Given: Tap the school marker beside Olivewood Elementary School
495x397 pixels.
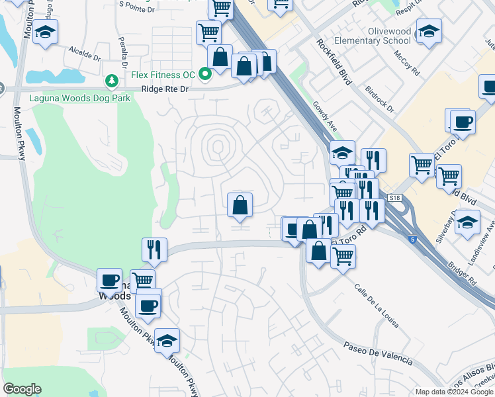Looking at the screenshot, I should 429,31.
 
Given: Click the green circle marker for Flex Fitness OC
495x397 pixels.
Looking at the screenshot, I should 205,73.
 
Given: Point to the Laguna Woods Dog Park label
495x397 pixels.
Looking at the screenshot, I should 80,98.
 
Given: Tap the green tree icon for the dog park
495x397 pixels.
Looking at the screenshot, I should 112,81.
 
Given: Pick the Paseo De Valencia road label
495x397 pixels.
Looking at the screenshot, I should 378,354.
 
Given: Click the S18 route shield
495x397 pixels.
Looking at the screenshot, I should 395,198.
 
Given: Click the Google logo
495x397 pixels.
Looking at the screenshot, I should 22,389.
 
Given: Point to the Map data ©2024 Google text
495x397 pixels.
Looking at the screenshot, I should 454,392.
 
